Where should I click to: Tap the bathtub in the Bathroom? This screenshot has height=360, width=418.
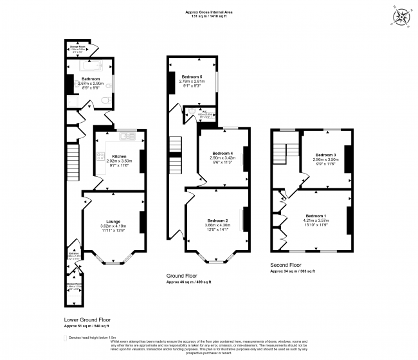pyautogui.click(x=89, y=65)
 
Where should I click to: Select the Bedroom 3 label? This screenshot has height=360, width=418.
pyautogui.click(x=325, y=155)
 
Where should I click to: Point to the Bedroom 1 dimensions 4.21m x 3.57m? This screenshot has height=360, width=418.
pyautogui.click(x=316, y=220)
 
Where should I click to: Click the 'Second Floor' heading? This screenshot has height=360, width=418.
pyautogui.click(x=286, y=265)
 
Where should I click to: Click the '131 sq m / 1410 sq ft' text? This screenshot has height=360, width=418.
pyautogui.click(x=209, y=15)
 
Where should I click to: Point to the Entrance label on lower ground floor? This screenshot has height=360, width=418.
pyautogui.click(x=73, y=253)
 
